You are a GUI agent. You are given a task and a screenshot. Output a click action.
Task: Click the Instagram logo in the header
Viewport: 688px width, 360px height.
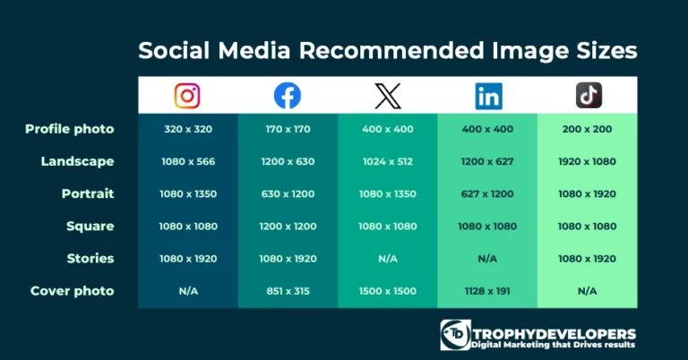pyautogui.click(x=187, y=96)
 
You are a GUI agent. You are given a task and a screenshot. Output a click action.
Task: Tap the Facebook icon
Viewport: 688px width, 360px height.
pyautogui.click(x=288, y=96)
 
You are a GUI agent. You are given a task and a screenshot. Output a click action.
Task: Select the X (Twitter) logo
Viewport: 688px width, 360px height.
pyautogui.click(x=388, y=96)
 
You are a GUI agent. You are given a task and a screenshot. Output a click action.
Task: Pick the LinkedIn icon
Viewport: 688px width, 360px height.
pyautogui.click(x=488, y=96)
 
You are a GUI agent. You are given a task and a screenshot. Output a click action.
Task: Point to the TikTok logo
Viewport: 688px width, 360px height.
pyautogui.click(x=589, y=95)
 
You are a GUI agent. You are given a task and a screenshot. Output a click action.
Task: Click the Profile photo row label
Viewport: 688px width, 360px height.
pyautogui.click(x=69, y=129)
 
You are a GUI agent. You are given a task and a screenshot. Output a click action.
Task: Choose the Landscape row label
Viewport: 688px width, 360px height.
pyautogui.click(x=77, y=161)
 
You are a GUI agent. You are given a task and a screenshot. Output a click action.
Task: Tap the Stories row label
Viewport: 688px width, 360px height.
pyautogui.click(x=90, y=258)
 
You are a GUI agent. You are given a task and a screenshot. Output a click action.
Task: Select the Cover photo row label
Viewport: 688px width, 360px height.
pyautogui.click(x=72, y=291)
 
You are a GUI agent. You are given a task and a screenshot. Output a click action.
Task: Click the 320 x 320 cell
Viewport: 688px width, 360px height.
pyautogui.click(x=188, y=129)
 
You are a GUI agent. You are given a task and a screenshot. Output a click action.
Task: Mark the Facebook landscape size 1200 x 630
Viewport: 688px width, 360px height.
pyautogui.click(x=288, y=161)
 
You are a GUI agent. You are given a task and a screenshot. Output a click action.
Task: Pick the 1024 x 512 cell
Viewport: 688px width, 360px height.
pyautogui.click(x=388, y=161)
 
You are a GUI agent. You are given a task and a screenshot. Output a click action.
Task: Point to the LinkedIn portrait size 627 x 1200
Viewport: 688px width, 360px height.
pyautogui.click(x=487, y=193)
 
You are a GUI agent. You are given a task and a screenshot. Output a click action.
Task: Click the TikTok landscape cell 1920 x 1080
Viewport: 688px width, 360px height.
pyautogui.click(x=587, y=161)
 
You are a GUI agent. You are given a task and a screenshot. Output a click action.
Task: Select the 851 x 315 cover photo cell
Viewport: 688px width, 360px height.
pyautogui.click(x=288, y=291)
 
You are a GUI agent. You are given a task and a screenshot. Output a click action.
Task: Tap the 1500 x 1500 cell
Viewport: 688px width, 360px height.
pyautogui.click(x=388, y=291)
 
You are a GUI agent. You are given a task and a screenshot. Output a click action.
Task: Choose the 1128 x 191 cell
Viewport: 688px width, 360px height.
pyautogui.click(x=487, y=291)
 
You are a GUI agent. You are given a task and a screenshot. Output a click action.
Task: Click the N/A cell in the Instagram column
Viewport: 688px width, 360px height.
pyautogui.click(x=188, y=291)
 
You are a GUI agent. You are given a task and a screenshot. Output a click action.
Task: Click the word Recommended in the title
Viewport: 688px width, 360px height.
pyautogui.click(x=391, y=50)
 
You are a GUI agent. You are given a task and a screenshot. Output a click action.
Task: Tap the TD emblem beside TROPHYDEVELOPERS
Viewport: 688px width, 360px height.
pyautogui.click(x=455, y=335)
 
